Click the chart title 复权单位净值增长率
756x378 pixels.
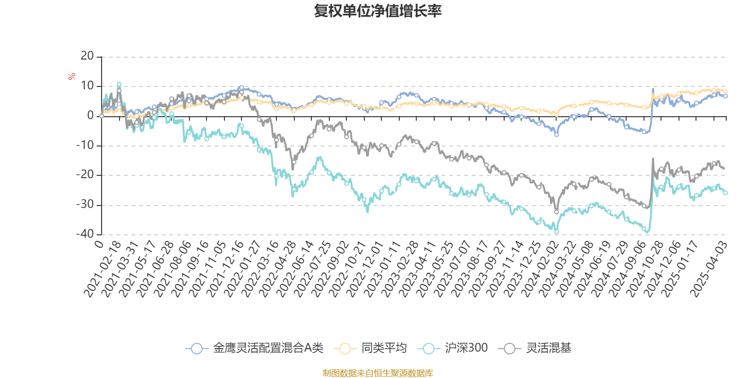coord(378,11)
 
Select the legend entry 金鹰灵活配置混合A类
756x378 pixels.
coord(267,348)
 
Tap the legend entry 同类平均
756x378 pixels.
coord(384,348)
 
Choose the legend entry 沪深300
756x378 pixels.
coord(466,348)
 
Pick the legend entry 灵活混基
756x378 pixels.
coord(548,348)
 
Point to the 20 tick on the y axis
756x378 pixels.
coord(87,56)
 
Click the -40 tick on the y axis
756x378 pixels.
coord(85,234)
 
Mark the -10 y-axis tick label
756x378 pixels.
coord(85,145)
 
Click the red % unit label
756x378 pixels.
coord(72,76)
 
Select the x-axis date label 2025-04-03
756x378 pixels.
coord(708,269)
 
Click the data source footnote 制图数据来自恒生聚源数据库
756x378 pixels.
coord(378,373)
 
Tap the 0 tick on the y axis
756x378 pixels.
coord(90,116)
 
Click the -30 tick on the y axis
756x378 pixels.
coord(85,205)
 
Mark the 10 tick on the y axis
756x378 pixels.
coord(87,86)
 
